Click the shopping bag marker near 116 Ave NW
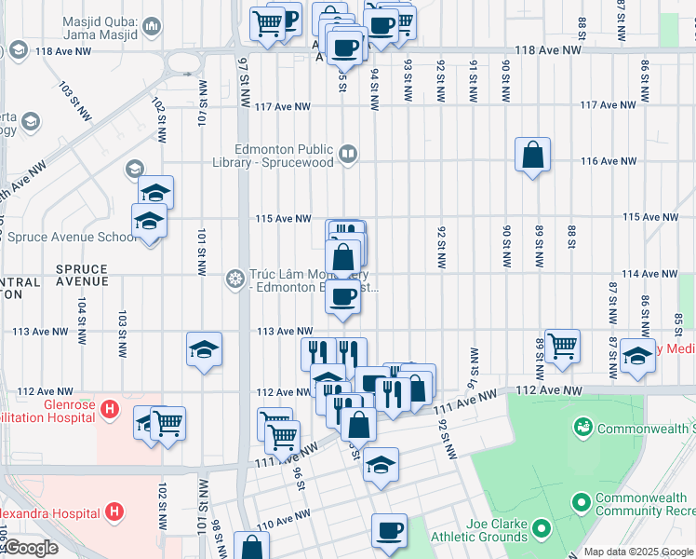(x=532, y=155)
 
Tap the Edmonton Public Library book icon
(x=348, y=154)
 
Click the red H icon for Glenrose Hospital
(x=110, y=408)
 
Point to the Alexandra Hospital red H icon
(x=114, y=511)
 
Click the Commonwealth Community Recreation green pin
(x=582, y=504)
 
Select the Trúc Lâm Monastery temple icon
(x=234, y=279)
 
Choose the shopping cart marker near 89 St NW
(x=562, y=347)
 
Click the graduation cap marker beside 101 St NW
(x=204, y=349)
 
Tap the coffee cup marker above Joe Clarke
(x=389, y=531)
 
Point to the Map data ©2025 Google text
(x=638, y=552)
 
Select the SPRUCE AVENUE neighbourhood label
(x=82, y=275)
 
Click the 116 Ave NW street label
(x=607, y=161)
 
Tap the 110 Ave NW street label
(x=276, y=524)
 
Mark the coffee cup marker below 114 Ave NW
(x=342, y=297)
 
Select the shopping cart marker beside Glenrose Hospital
(x=167, y=423)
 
